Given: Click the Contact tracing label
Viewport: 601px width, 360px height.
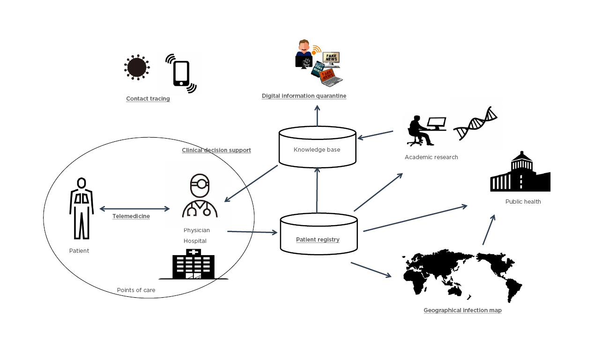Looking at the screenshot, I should point(148,99).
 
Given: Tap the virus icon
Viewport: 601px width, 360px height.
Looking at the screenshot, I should point(137,67).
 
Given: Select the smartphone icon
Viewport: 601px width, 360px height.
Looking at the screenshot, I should point(181,73).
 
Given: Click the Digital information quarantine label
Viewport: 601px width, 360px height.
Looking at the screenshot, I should point(304,96).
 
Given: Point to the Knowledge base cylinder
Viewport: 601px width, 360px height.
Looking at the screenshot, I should point(317,147).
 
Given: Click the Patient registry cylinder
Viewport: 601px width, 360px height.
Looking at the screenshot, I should point(319,235).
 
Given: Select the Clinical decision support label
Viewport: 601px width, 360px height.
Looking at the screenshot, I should point(216,150).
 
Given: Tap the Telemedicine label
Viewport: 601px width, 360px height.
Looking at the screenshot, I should point(131,216).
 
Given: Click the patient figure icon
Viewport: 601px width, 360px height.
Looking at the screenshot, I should point(82,208).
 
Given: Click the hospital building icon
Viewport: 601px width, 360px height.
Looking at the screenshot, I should point(193,264).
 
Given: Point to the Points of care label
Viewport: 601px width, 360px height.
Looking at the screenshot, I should point(136,290).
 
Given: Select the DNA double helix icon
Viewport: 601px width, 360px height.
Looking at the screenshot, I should point(475,123).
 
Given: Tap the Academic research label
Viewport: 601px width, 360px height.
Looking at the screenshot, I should point(431,157).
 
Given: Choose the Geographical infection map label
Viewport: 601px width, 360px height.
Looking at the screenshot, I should point(462,310).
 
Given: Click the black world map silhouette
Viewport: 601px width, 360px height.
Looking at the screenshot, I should point(462,276).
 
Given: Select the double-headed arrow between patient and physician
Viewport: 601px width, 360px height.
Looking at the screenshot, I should point(134,209).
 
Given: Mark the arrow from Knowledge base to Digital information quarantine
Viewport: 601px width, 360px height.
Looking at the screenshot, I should point(317,116).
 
